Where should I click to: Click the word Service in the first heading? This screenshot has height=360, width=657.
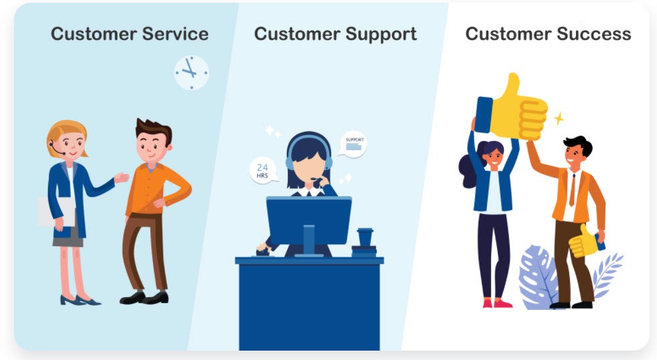(175, 34)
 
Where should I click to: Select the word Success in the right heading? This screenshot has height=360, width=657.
(596, 34)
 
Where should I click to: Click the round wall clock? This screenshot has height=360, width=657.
(191, 72)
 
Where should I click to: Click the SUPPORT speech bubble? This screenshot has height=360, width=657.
(353, 145)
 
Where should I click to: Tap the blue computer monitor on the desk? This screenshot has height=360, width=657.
(309, 221)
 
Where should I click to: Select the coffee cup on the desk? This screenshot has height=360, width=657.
(365, 237)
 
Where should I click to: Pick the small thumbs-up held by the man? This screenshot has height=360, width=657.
(583, 242)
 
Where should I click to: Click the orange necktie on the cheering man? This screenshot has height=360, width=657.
(572, 190)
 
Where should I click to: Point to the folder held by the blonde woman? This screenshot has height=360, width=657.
(56, 212)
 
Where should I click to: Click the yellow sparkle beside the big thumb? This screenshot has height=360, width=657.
(559, 119)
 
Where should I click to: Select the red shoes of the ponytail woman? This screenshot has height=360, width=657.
(497, 303)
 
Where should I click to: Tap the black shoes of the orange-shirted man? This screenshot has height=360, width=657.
(144, 298)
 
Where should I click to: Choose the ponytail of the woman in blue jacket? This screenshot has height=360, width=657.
(469, 170)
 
